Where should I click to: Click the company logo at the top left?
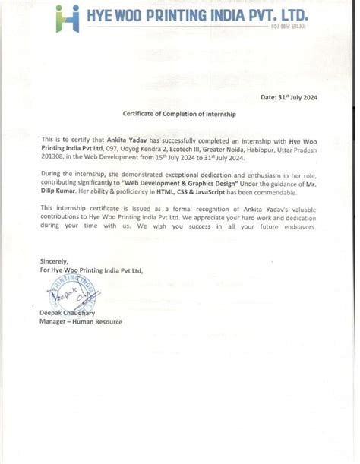click(x=67, y=18)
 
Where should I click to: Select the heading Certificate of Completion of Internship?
click(x=179, y=113)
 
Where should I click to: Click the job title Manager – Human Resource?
click(x=81, y=321)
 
